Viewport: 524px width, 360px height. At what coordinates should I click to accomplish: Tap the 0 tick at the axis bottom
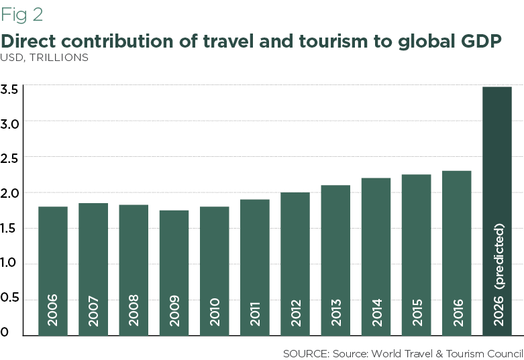pos(5,332)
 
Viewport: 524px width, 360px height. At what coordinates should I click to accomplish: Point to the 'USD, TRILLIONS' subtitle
pos(45,58)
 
